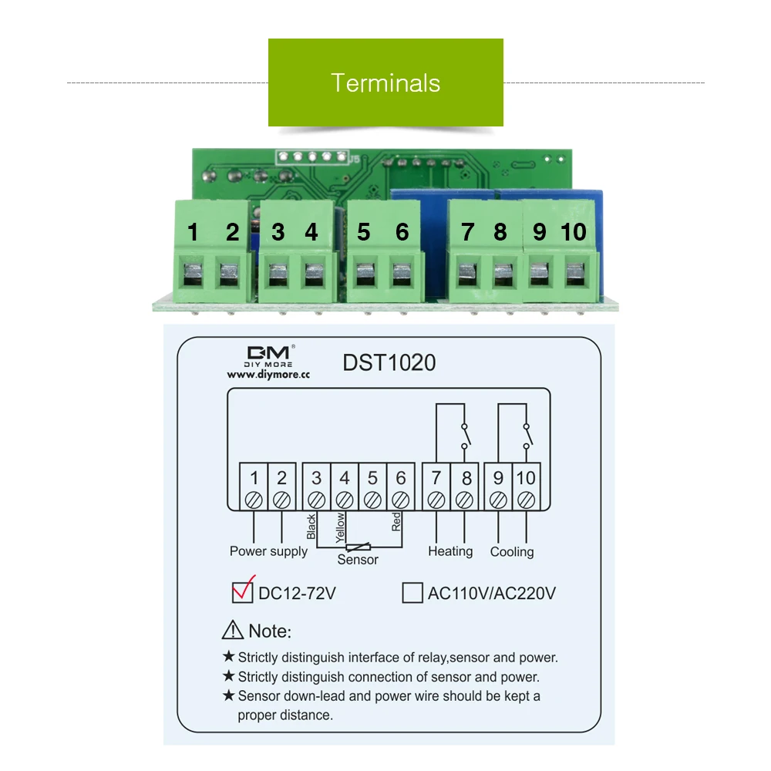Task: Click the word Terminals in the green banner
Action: click(385, 82)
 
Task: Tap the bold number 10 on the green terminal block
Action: click(574, 231)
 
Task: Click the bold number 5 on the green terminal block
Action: click(363, 232)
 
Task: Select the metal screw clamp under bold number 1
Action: click(193, 274)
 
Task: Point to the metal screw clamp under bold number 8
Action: click(503, 274)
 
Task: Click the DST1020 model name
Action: click(389, 363)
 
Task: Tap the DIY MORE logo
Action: click(269, 356)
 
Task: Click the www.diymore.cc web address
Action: click(268, 375)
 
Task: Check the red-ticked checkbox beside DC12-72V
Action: click(243, 591)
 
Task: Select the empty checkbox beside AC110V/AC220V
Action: click(412, 592)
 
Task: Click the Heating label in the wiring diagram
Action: click(450, 551)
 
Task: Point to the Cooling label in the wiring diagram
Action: click(512, 552)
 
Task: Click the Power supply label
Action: click(268, 551)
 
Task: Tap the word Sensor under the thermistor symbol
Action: click(358, 560)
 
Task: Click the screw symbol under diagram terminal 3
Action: click(316, 500)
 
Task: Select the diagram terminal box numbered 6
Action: click(401, 487)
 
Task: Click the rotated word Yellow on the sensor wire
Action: click(340, 527)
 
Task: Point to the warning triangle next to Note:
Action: click(233, 630)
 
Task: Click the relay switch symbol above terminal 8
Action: click(465, 436)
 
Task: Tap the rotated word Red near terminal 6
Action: click(396, 522)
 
